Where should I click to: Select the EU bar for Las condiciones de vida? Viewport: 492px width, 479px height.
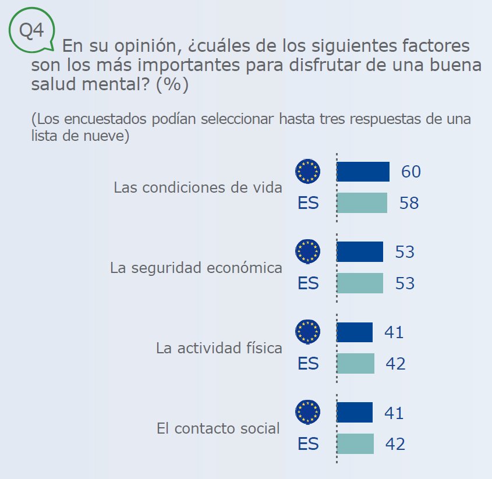363,172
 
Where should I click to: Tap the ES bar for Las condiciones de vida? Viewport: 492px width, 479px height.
362,203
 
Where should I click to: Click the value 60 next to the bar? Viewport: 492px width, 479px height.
410,172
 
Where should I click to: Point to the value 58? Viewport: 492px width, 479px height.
409,203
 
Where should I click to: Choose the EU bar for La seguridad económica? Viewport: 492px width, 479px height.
360,251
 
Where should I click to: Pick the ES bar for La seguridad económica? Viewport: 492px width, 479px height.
360,283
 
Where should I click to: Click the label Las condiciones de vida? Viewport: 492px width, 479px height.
198,187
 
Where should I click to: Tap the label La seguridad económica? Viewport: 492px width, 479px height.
196,268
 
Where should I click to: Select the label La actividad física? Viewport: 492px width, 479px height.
219,348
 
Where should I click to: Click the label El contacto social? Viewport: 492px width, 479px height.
218,428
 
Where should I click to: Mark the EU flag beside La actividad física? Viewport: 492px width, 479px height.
307,332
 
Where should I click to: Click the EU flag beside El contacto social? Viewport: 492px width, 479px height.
307,412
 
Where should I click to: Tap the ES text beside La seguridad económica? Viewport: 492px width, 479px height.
308,283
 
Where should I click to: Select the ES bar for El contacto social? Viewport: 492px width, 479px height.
355,443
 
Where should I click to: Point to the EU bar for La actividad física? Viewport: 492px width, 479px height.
355,332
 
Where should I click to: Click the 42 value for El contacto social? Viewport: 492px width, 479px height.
395,443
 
